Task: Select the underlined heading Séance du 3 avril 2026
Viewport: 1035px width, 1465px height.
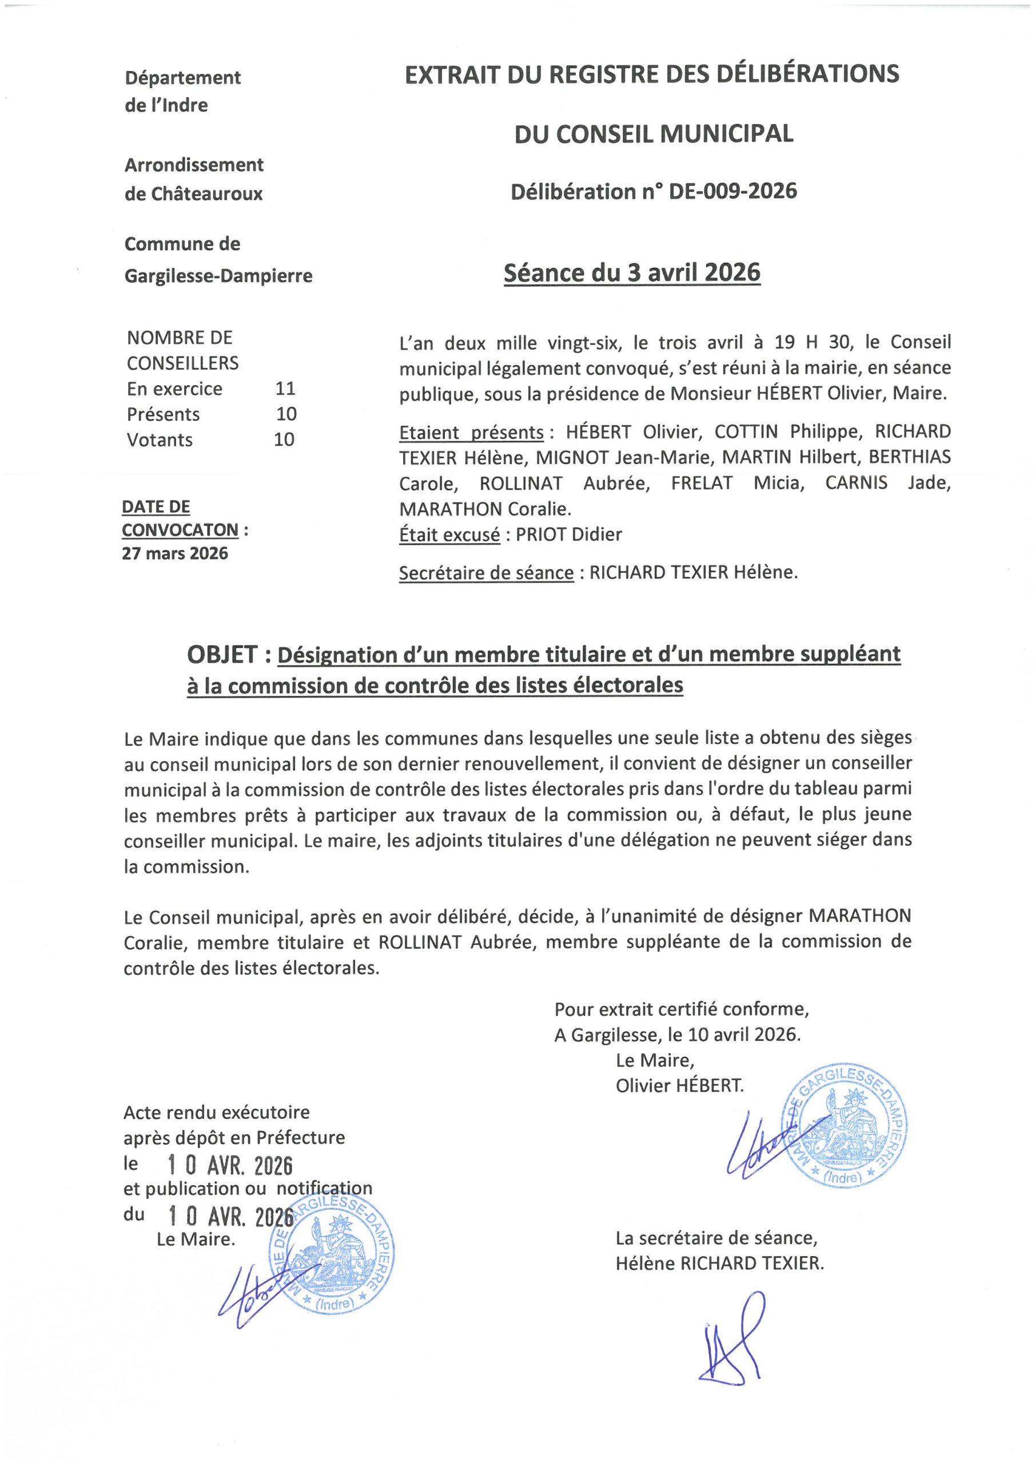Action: pyautogui.click(x=632, y=273)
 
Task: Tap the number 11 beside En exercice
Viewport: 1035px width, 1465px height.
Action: pyautogui.click(x=285, y=389)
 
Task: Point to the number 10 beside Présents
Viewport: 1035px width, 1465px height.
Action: pyautogui.click(x=286, y=414)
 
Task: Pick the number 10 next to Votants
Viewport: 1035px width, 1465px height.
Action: pyautogui.click(x=284, y=439)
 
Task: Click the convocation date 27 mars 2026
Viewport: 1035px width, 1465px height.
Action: pyautogui.click(x=175, y=553)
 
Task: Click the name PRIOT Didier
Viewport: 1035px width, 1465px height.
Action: pyautogui.click(x=568, y=534)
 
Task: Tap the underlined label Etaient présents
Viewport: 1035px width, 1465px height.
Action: pyautogui.click(x=471, y=432)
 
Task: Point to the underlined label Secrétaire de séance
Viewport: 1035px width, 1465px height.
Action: pyautogui.click(x=486, y=572)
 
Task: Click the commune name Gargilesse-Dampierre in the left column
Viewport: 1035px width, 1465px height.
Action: pyautogui.click(x=218, y=276)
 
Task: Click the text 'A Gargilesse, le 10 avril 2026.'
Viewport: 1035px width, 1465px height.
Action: pyautogui.click(x=677, y=1034)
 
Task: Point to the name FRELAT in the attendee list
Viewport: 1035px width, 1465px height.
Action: pyautogui.click(x=702, y=483)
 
